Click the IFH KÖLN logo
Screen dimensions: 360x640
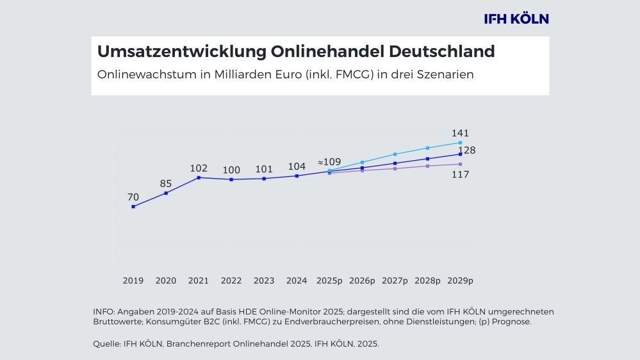(516, 19)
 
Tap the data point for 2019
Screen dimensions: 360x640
(133, 206)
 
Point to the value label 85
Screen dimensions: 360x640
(166, 184)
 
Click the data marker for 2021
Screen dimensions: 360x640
(199, 177)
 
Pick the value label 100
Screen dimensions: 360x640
(231, 170)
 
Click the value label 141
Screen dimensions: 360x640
(460, 133)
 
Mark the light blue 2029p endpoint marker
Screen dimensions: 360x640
(460, 142)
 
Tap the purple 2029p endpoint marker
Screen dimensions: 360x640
(460, 164)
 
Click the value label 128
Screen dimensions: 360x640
(466, 151)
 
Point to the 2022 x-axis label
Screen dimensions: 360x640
(231, 281)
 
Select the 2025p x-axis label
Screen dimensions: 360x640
(329, 281)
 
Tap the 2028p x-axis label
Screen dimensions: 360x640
(427, 281)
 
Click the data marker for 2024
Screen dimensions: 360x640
(297, 176)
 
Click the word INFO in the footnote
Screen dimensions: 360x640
(104, 311)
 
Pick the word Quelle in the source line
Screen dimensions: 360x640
(106, 344)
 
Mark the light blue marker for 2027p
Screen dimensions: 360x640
(395, 154)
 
